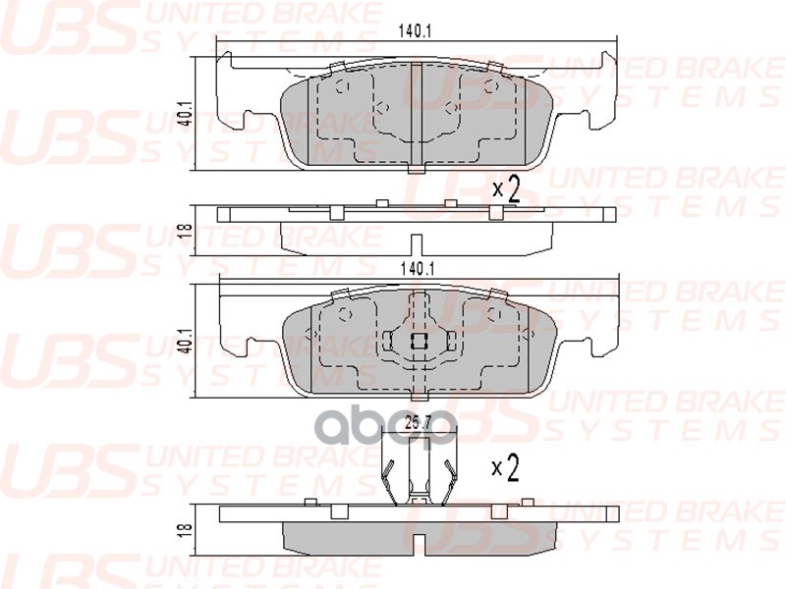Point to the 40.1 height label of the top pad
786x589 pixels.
[x=183, y=115]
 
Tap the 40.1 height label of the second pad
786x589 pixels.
[x=183, y=340]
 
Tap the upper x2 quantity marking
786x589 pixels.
[x=505, y=187]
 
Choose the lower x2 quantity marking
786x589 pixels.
[x=505, y=470]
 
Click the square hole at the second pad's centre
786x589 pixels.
[x=417, y=341]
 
